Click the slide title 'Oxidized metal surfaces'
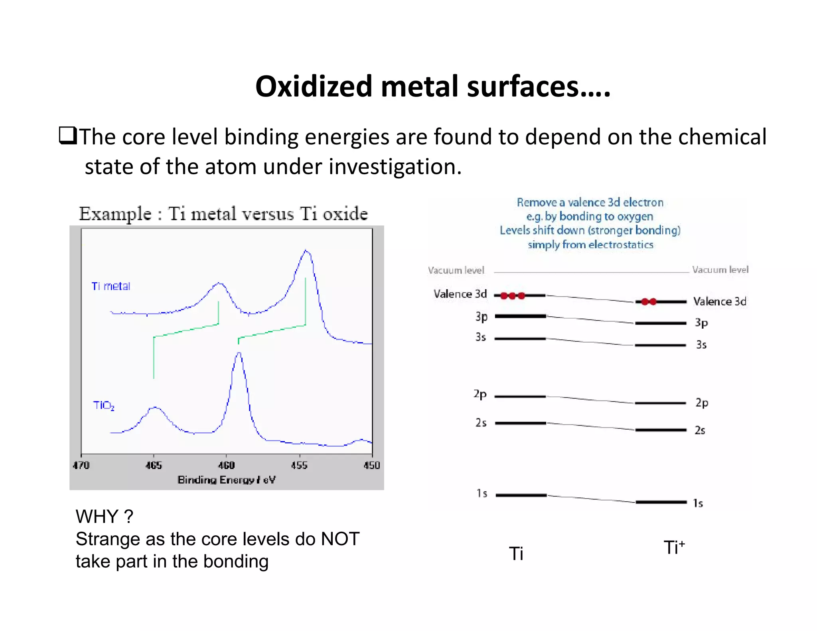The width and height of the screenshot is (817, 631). coord(432,87)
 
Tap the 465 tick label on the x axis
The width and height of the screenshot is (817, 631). coord(154,465)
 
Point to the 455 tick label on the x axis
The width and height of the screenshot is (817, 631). coord(299,465)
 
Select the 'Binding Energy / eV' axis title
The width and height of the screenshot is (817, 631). coord(226,480)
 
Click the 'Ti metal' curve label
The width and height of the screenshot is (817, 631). coord(111,286)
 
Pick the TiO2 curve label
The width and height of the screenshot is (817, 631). coord(104,406)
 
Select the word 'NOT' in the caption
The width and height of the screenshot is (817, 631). coord(340,539)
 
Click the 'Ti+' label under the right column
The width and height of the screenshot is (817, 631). coord(674,548)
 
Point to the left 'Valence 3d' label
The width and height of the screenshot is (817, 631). coord(460,294)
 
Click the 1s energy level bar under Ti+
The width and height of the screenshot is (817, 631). coord(661,502)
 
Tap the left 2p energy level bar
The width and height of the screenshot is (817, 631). coord(520,396)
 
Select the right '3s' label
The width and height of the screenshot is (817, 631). coord(701,345)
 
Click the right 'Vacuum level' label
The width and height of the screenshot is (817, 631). coord(720,270)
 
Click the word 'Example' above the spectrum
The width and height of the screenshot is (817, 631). coord(115,214)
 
